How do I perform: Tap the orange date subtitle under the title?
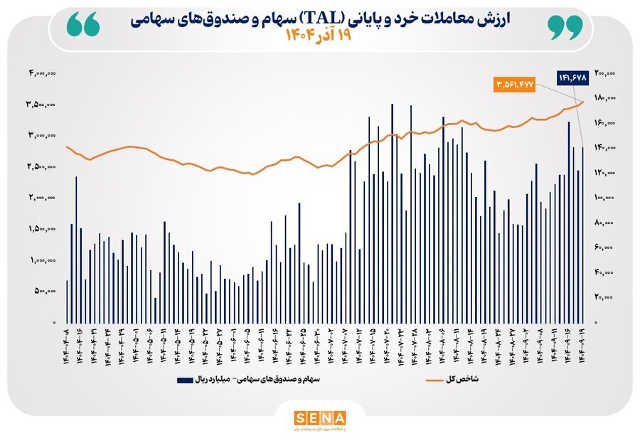(x=319, y=34)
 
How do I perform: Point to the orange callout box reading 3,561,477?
(x=512, y=84)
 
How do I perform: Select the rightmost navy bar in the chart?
(x=583, y=235)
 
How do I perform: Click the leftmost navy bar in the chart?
(x=67, y=301)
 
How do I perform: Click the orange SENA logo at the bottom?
(x=319, y=418)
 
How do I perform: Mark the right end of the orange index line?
(x=583, y=101)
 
